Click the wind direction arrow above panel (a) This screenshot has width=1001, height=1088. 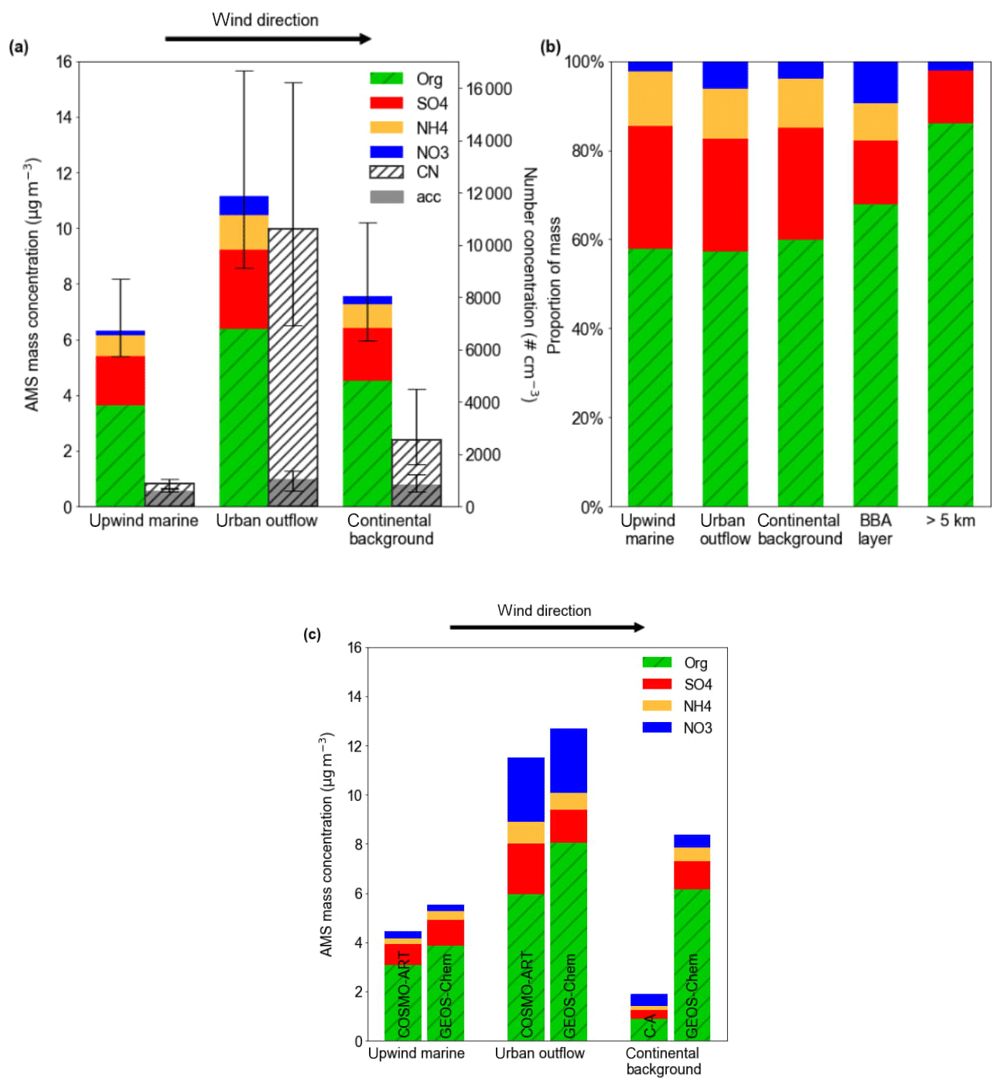pos(268,39)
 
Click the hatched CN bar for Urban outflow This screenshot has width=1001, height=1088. pos(293,348)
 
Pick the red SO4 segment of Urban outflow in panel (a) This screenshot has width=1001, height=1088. pos(244,289)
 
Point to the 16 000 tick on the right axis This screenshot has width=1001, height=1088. pos(489,89)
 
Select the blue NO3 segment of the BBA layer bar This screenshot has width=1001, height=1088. pos(875,82)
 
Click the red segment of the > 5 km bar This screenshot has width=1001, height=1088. pos(950,97)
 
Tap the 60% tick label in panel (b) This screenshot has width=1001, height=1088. pos(586,240)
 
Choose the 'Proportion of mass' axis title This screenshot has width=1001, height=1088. pos(554,286)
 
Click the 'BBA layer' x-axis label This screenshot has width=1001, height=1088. pos(875,529)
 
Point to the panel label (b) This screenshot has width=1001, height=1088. pos(550,47)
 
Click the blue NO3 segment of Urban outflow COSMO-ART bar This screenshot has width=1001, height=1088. pos(525,789)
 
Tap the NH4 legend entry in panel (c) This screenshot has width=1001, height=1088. pos(677,706)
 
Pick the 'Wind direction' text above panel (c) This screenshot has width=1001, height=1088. pos(544,611)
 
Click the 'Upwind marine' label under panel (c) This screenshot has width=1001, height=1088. pos(416,1053)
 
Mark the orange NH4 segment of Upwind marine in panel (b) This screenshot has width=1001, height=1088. pos(650,98)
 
